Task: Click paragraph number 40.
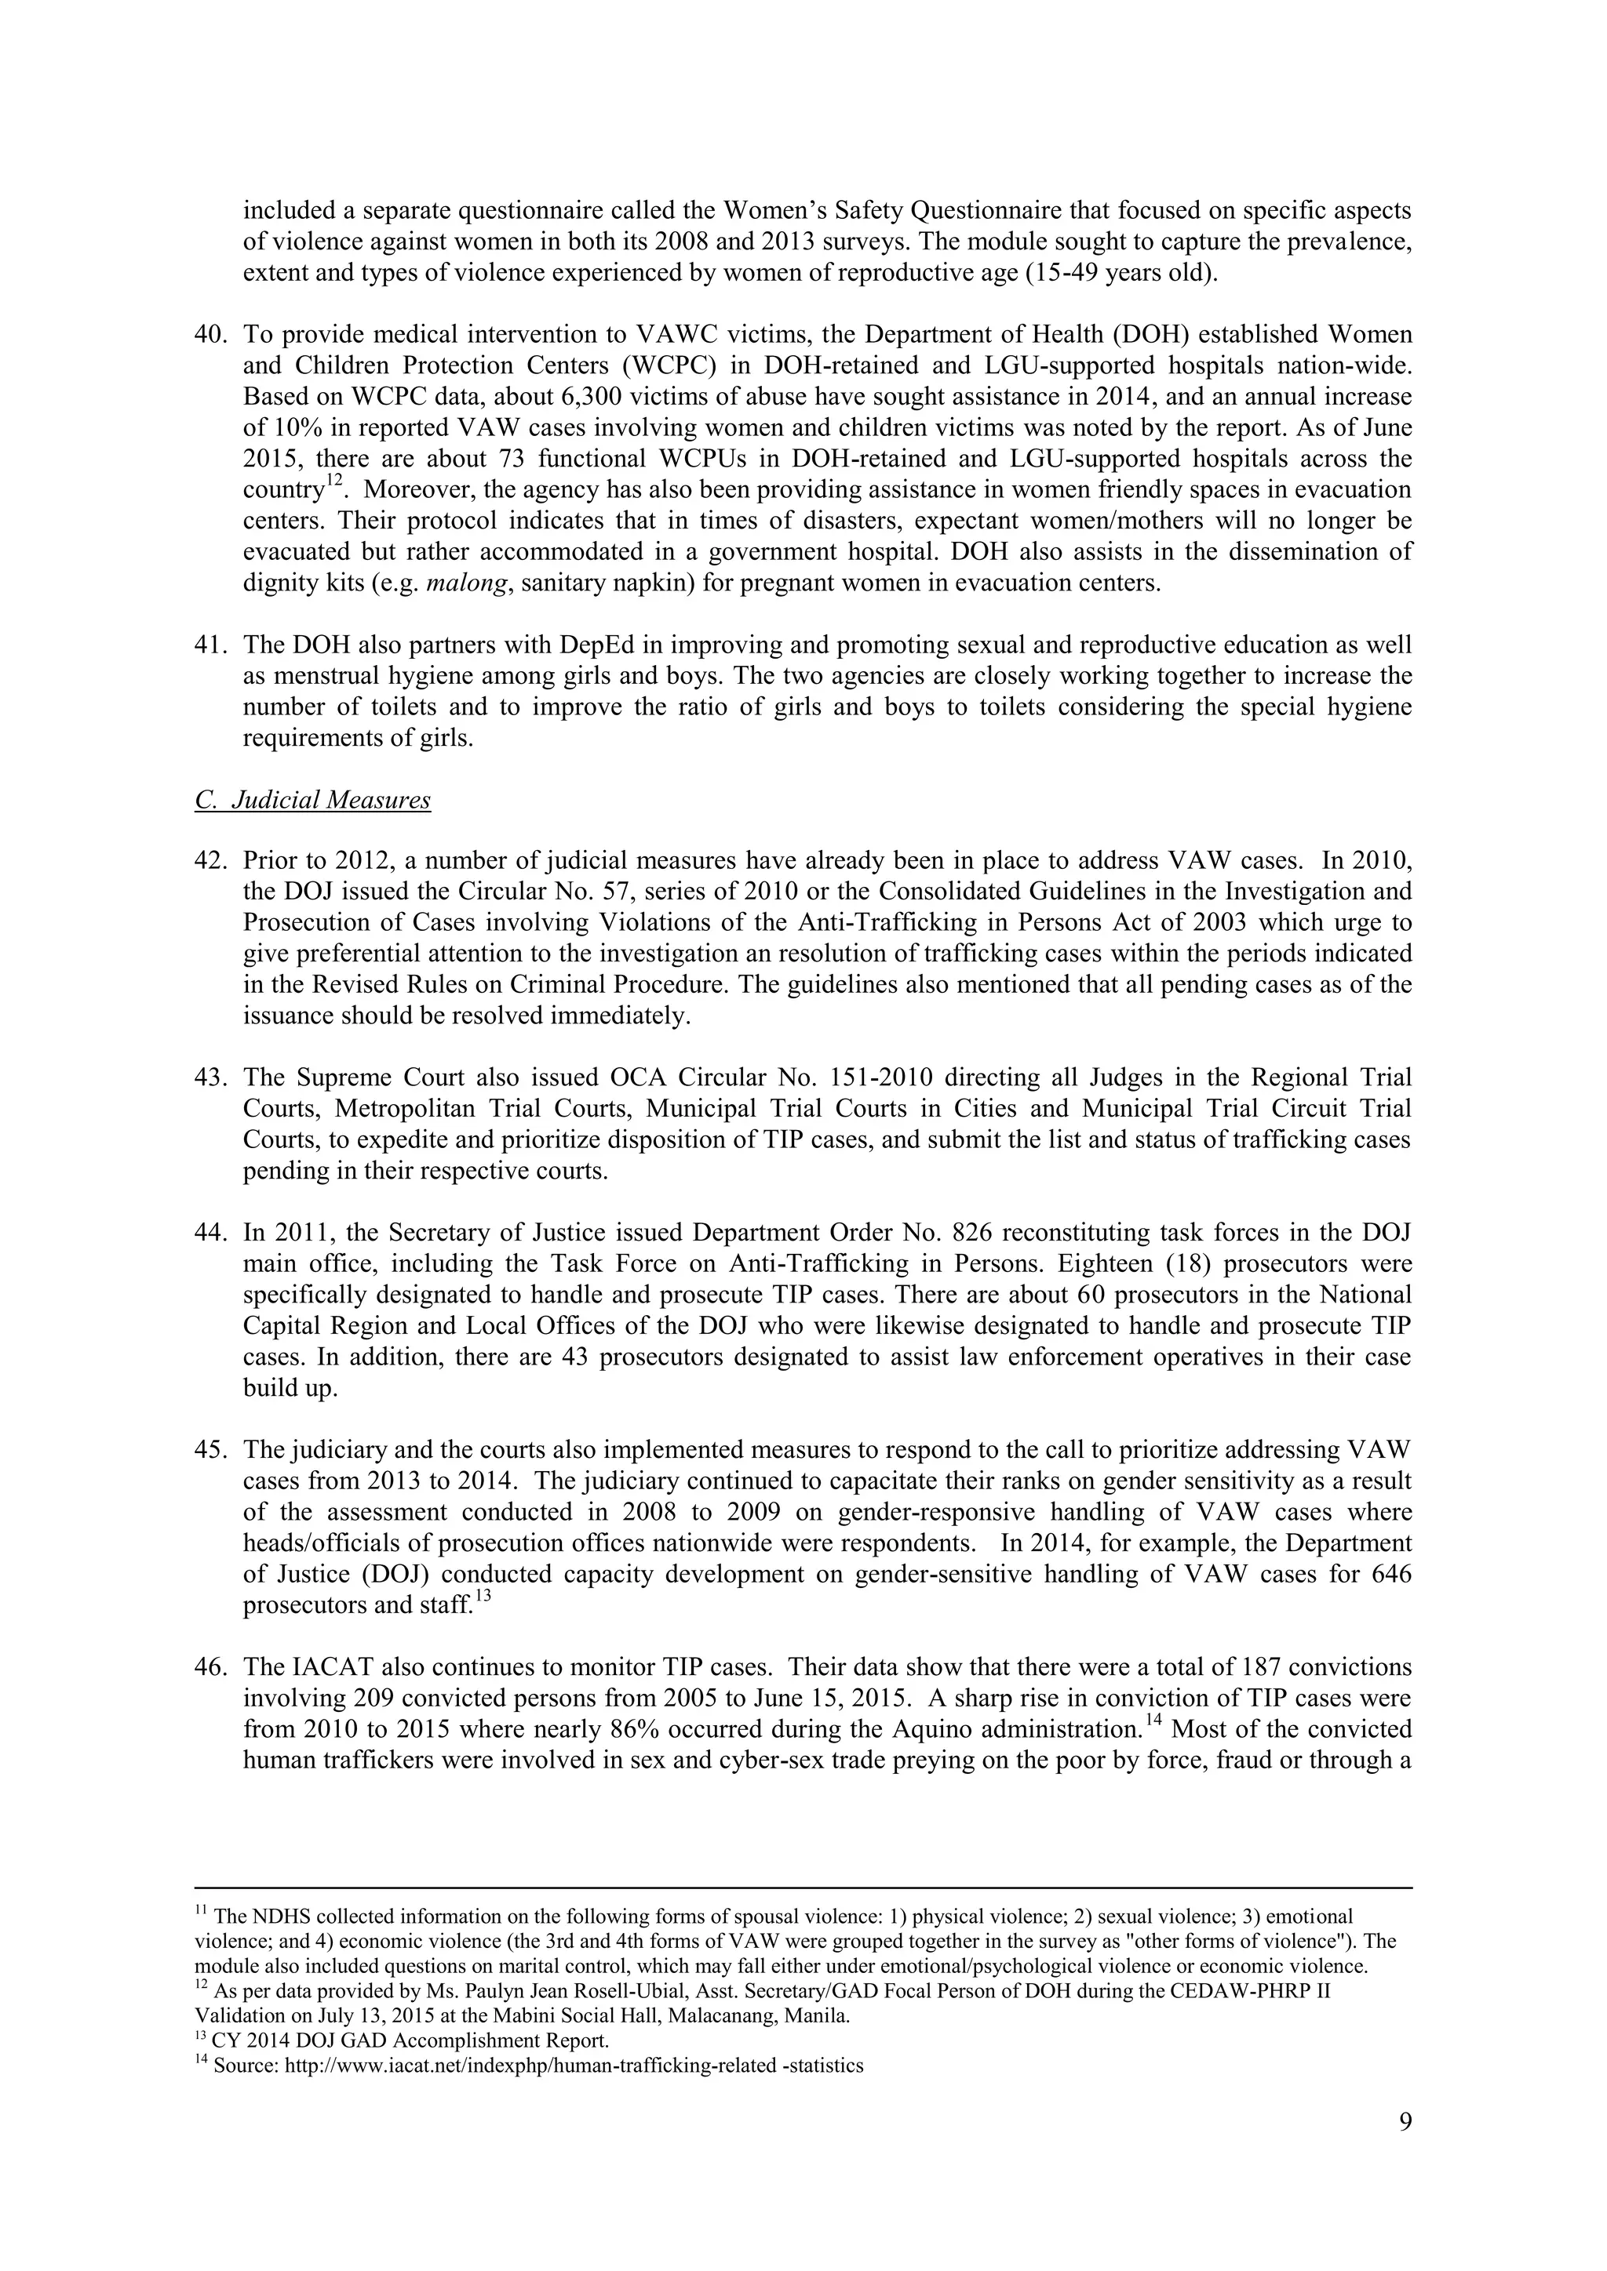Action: coord(211,336)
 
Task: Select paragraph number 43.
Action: coord(211,1077)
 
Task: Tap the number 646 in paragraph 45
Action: coord(1391,1575)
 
